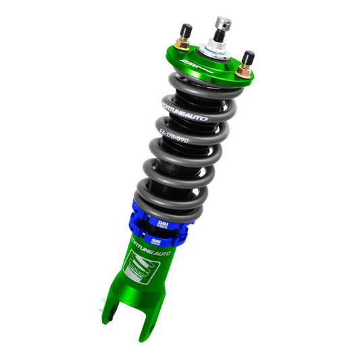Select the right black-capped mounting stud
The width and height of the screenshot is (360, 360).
click(x=249, y=56)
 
